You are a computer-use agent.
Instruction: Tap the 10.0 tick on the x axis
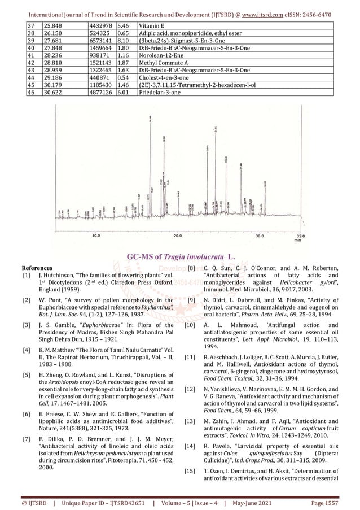96,236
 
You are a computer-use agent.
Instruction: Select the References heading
37,268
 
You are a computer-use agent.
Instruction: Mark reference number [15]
192,472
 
